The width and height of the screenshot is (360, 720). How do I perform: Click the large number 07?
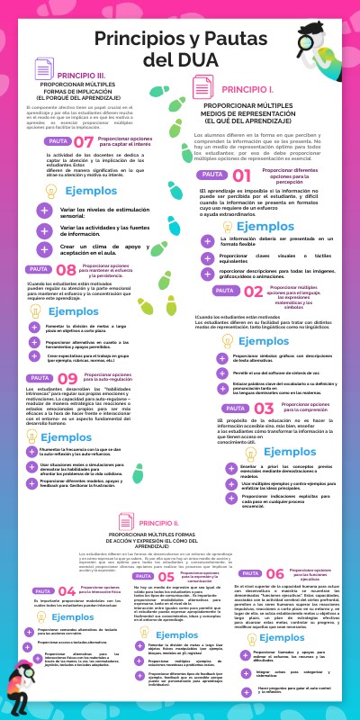[x=84, y=141]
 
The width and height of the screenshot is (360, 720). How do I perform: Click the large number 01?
[x=242, y=176]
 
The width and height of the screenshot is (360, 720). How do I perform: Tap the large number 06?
[x=274, y=574]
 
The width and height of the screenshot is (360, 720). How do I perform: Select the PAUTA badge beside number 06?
[x=247, y=573]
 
